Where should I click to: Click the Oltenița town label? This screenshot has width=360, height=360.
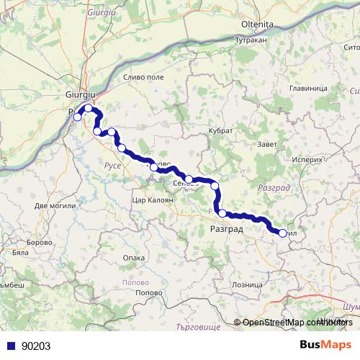(257, 24)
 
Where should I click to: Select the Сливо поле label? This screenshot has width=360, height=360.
(144, 77)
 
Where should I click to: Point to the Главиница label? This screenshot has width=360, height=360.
(307, 88)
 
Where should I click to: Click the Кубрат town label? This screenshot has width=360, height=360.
(220, 131)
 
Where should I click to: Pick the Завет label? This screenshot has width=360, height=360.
(266, 144)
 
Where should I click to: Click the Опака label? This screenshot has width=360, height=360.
(134, 257)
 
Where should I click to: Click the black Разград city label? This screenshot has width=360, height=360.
(225, 229)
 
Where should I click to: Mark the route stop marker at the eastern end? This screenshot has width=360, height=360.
(283, 232)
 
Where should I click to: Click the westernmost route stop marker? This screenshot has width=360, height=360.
(78, 117)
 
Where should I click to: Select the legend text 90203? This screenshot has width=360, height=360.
(36, 346)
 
